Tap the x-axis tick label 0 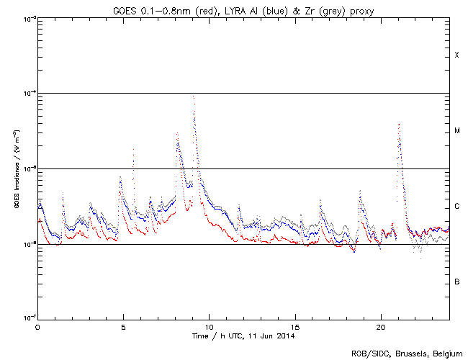[37, 326]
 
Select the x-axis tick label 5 [123, 326]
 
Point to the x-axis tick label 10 [209, 326]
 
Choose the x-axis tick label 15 [294, 326]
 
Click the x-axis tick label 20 [380, 326]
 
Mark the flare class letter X [456, 55]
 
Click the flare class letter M [456, 131]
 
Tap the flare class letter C [456, 207]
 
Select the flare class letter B [456, 282]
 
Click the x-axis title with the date [243, 336]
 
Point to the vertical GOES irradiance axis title [15, 168]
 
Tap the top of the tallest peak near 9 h [193, 96]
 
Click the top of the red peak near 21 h [398, 125]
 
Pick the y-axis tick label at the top [28, 18]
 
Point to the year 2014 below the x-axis [286, 336]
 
